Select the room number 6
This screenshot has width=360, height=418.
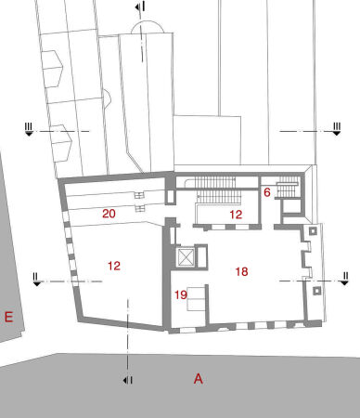(266, 192)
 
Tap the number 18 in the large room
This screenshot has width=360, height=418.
(241, 271)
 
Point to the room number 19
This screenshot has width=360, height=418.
(181, 294)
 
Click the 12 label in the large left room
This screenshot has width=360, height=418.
(114, 266)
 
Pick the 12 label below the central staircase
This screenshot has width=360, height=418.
(236, 215)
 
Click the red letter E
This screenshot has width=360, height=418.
(8, 318)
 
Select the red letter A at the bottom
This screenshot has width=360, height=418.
(198, 378)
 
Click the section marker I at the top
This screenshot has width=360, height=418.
(139, 7)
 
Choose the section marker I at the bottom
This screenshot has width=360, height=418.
(127, 380)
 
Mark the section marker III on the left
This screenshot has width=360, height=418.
(30, 130)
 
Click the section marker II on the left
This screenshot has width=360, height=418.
(36, 277)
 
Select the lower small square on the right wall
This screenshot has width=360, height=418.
(317, 291)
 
